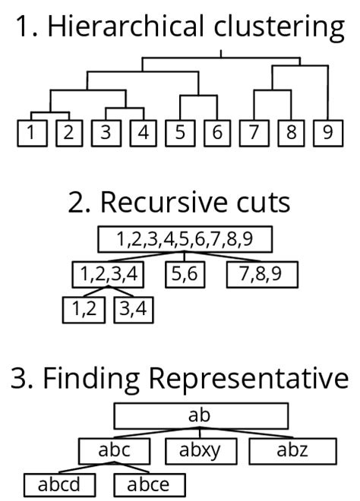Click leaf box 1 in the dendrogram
tap(31, 133)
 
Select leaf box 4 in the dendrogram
tap(142, 133)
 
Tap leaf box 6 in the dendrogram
tap(216, 133)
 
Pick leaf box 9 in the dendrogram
tap(327, 133)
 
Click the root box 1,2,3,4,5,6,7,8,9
tap(185, 240)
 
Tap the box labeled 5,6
tap(185, 274)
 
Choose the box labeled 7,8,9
tap(261, 274)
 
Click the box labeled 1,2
tap(84, 310)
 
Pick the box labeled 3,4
tap(134, 310)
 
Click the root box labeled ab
tap(201, 415)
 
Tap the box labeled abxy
tap(200, 450)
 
